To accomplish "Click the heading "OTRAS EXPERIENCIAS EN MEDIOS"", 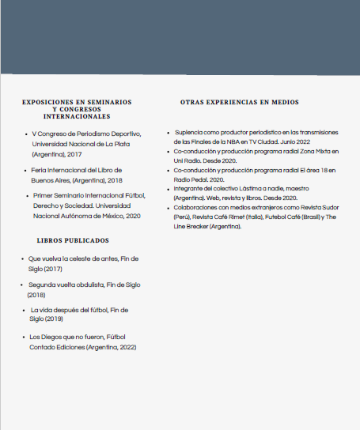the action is click(239, 103).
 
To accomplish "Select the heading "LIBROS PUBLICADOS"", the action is click(73, 240).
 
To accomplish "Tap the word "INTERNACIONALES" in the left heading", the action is click(77, 116).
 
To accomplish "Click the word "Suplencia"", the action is click(189, 132).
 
